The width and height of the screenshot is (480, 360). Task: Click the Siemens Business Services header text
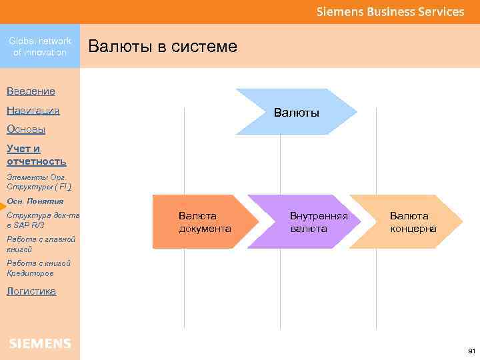(390, 11)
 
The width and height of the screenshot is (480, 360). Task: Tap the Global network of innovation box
(40, 47)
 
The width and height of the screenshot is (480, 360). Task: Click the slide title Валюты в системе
(162, 47)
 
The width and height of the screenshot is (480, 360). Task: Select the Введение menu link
(31, 91)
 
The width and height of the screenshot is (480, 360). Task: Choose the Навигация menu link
(33, 111)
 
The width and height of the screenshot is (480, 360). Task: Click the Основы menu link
(26, 129)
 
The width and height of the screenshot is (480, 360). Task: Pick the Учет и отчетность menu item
(36, 155)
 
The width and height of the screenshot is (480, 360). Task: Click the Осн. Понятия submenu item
(35, 201)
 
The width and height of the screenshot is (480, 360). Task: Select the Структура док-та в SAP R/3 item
(43, 220)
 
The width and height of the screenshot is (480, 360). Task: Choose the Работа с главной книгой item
(41, 243)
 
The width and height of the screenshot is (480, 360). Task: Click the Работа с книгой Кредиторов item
(39, 268)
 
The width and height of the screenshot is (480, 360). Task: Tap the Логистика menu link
(31, 291)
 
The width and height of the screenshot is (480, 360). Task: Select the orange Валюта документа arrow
(204, 222)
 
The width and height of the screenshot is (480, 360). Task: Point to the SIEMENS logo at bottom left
(40, 343)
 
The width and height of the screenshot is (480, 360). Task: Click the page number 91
(471, 351)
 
